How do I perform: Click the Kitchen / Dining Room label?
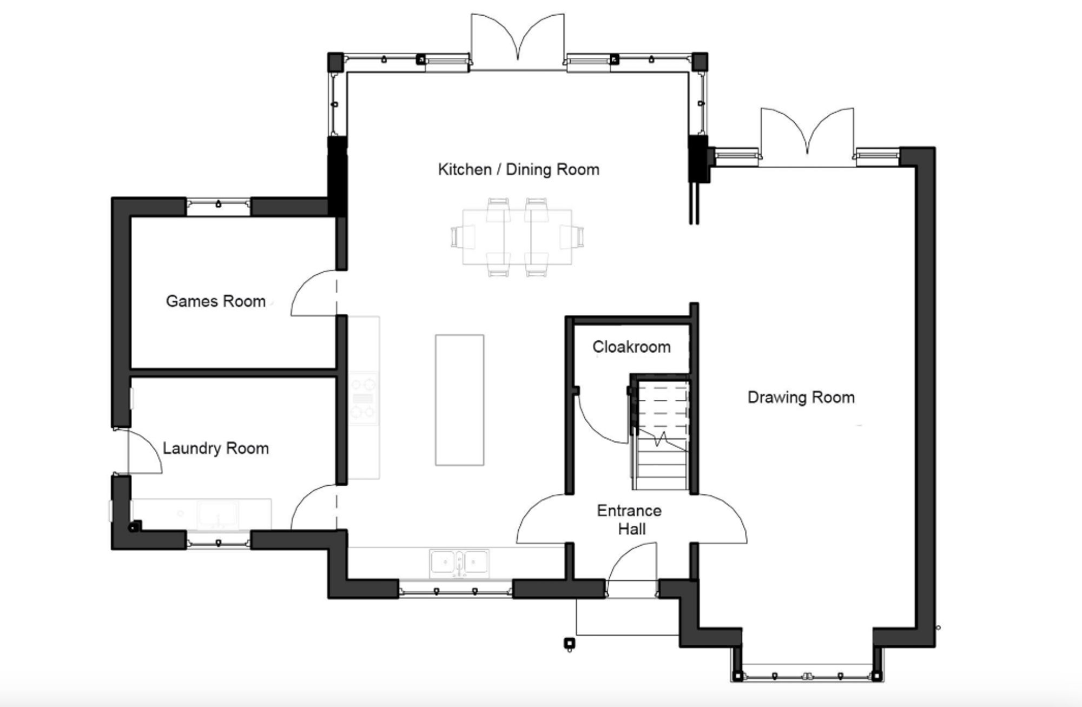[x=519, y=169]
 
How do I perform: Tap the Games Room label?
[x=215, y=301]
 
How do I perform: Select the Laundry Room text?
[x=215, y=448]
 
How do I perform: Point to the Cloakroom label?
[x=631, y=347]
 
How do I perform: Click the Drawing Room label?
[x=801, y=398]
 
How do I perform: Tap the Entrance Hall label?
[x=630, y=520]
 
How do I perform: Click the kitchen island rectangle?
[x=460, y=400]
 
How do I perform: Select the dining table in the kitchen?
[x=517, y=237]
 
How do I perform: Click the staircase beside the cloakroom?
[x=661, y=435]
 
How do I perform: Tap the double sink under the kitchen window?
[x=459, y=563]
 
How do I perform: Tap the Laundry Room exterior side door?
[x=144, y=452]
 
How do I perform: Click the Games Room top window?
[x=219, y=207]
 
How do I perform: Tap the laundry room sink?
[x=217, y=514]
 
